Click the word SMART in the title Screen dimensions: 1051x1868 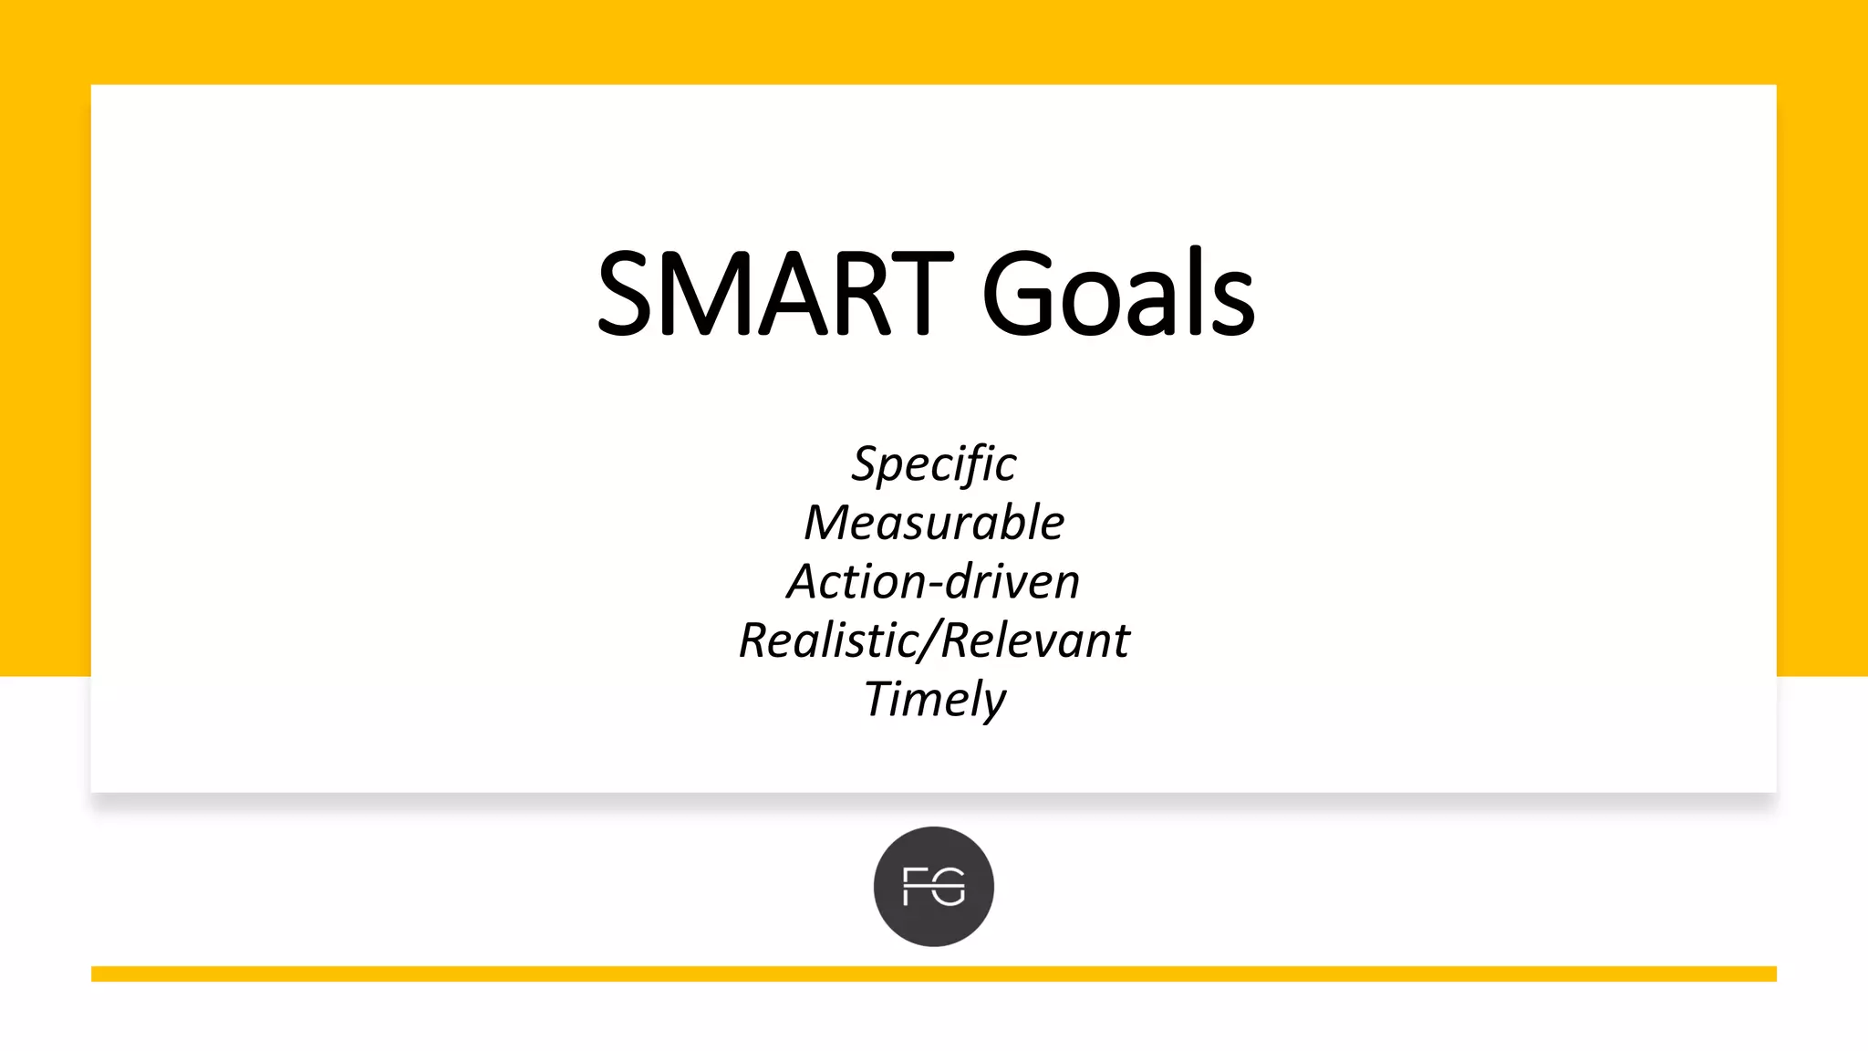pos(774,293)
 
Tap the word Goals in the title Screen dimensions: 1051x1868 pos(1118,293)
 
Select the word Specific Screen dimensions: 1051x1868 pos(934,464)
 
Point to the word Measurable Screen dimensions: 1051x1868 pos(934,523)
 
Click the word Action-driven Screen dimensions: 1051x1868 pos(934,582)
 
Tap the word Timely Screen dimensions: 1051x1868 pos(934,701)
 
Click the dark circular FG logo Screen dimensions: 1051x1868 pos(934,886)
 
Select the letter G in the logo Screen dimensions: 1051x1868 pos(950,887)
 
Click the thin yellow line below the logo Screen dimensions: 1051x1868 pos(934,973)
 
